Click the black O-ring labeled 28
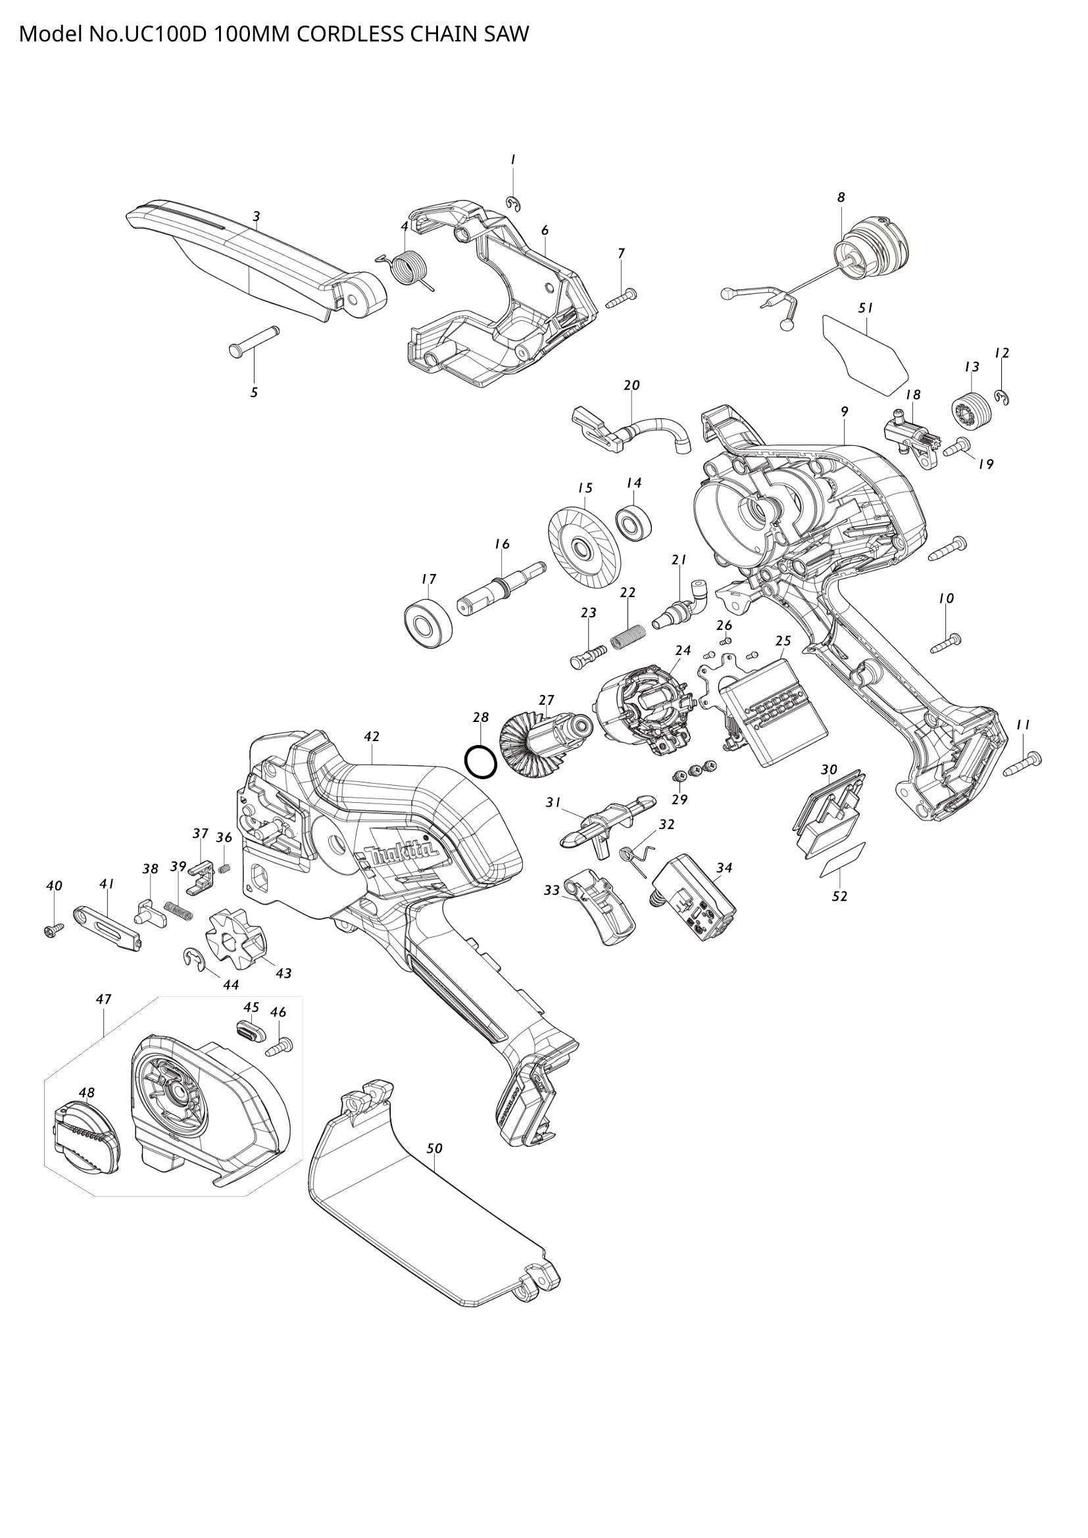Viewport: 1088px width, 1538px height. tap(480, 761)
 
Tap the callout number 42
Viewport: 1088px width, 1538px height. tap(372, 736)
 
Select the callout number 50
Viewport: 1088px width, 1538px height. tap(435, 1148)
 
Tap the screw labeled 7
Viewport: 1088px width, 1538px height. tap(622, 297)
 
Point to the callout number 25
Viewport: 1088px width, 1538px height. tap(783, 641)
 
